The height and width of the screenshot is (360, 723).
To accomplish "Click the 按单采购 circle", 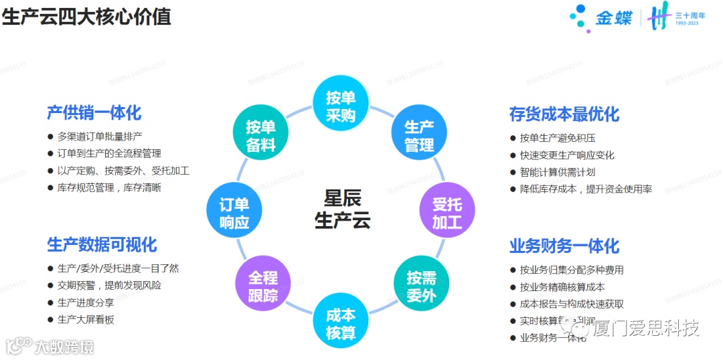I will [340, 106].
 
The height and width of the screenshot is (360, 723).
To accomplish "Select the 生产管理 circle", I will [419, 136].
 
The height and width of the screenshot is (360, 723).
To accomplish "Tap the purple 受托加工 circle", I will [447, 213].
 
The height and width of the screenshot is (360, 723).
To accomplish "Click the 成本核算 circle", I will [341, 324].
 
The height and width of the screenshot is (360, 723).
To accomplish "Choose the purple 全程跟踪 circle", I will [262, 286].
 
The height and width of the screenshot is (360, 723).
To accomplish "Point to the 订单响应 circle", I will [234, 213].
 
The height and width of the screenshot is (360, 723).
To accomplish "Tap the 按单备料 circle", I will [260, 136].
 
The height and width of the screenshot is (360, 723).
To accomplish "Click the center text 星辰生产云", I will [342, 209].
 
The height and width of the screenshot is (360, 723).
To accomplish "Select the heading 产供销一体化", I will [94, 112].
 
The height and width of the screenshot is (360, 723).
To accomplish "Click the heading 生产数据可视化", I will [102, 244].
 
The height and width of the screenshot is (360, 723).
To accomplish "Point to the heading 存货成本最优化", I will [564, 114].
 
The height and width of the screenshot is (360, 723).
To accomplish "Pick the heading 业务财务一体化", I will [564, 246].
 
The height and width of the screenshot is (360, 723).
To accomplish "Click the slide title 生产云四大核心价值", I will [86, 16].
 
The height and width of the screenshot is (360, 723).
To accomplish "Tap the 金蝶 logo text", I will [613, 18].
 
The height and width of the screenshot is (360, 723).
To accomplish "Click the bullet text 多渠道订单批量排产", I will [100, 136].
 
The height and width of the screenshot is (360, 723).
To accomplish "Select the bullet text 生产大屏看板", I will [86, 319].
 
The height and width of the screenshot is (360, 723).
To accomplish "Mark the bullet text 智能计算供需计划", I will [557, 172].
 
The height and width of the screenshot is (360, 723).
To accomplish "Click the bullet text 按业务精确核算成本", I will [562, 287].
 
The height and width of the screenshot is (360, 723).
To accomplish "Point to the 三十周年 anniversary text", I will [690, 15].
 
